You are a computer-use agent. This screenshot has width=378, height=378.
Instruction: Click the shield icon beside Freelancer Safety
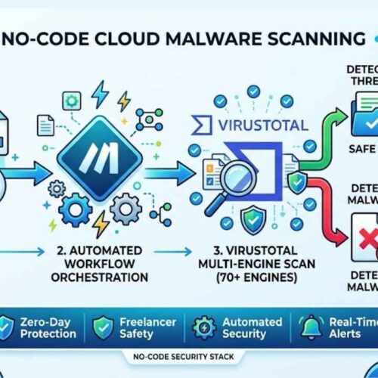[x=103, y=327]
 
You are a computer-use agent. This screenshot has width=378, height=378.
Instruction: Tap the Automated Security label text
[x=244, y=327]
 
